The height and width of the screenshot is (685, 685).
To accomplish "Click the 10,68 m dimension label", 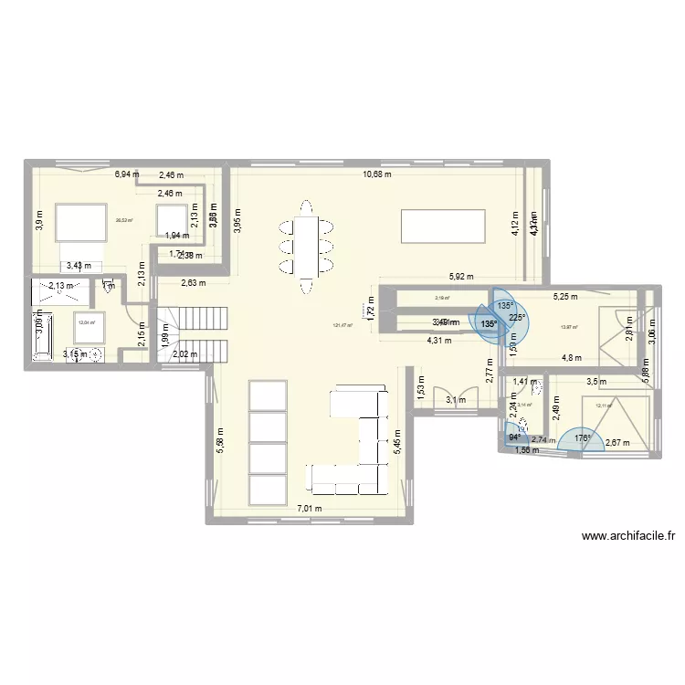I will click(x=376, y=174).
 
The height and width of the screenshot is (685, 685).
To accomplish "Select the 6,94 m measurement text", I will click(x=126, y=174).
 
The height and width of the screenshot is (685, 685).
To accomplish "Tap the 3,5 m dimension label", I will click(x=595, y=382).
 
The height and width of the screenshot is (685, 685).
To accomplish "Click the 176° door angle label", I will click(x=583, y=438).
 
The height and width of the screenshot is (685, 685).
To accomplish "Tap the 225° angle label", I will click(x=518, y=318).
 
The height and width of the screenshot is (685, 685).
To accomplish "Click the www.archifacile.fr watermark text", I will click(x=627, y=537).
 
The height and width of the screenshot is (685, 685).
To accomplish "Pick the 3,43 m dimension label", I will click(x=79, y=266).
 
